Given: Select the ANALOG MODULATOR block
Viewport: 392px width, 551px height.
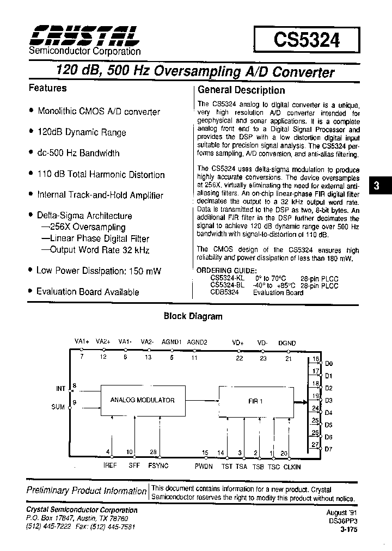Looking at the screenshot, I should tap(143, 400).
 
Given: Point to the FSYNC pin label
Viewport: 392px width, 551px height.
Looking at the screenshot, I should tap(158, 466).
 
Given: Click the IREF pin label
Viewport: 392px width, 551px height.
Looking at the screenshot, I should tap(110, 466).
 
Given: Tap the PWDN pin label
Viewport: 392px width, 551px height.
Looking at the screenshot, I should tap(204, 467).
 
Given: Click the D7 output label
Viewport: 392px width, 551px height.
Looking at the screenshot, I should tap(328, 449).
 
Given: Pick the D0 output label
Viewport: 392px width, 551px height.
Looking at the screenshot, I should tap(328, 363).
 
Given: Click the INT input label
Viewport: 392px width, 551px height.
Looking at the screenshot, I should tap(60, 389).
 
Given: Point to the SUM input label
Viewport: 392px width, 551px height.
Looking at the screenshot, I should tap(58, 407).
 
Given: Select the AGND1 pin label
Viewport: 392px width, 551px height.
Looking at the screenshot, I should tap(171, 342).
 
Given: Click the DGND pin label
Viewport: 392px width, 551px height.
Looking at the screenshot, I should tap(287, 343).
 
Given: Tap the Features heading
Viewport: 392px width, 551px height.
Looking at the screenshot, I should tap(47, 88).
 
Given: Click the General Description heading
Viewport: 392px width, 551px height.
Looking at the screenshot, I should tap(241, 90).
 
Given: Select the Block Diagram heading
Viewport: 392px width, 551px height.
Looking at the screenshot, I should tap(193, 316).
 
